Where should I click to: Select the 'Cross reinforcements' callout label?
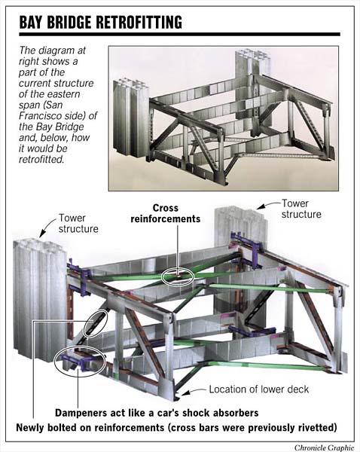click(176, 213)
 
